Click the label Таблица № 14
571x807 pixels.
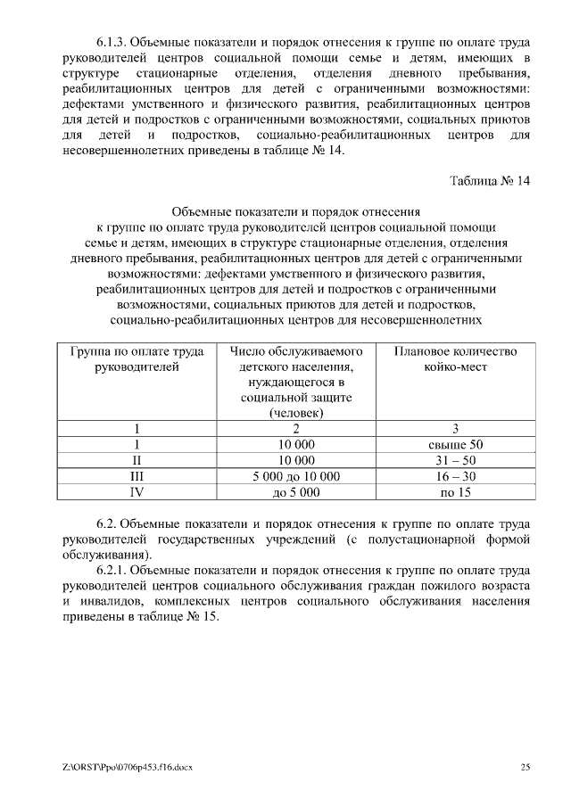[490, 182]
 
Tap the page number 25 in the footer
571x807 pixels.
[525, 767]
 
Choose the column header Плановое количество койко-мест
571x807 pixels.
[455, 359]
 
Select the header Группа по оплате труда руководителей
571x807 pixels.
[137, 359]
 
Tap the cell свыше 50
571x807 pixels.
[455, 444]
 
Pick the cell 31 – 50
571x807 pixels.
[455, 460]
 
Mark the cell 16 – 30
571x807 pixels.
[455, 476]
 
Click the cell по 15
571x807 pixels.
[455, 492]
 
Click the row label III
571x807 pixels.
[137, 476]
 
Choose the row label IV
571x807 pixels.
[137, 492]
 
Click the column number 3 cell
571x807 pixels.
[455, 428]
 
